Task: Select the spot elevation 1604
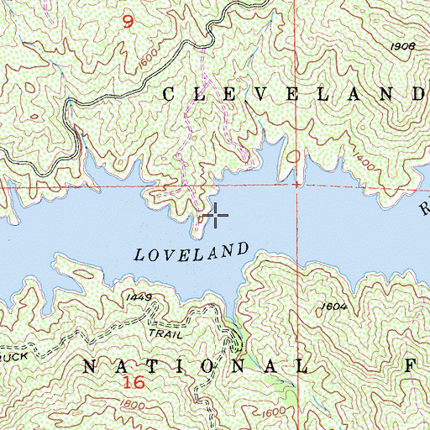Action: pyautogui.click(x=333, y=308)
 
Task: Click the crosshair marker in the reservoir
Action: pyautogui.click(x=216, y=216)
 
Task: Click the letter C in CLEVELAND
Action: pyautogui.click(x=167, y=95)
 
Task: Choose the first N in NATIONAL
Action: pyautogui.click(x=92, y=366)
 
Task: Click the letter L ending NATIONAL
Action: pyautogui.click(x=302, y=367)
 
